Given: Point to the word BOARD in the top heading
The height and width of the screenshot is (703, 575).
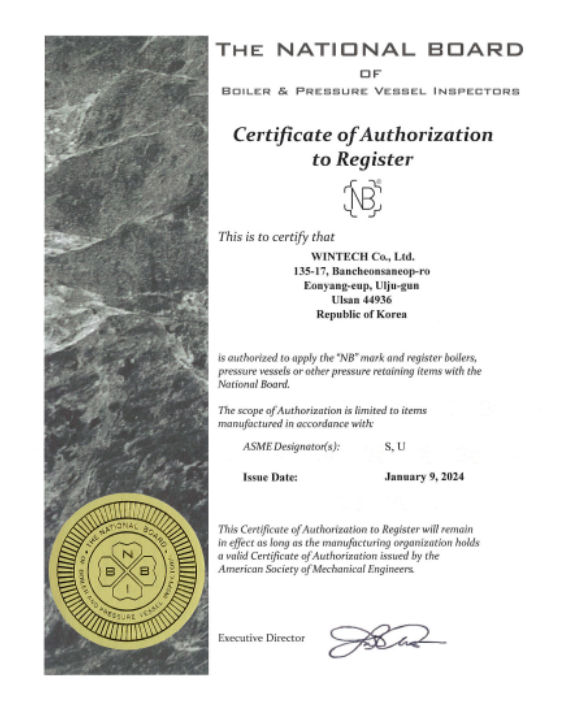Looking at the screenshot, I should [475, 50].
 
